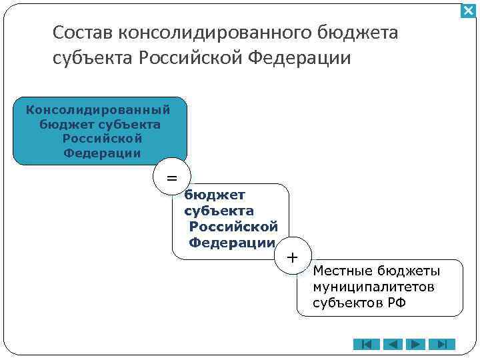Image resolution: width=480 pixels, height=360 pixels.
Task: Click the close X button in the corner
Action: (468, 11)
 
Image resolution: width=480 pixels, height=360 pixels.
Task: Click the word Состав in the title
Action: (82, 33)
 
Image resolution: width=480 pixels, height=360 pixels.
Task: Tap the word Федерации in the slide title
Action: (299, 58)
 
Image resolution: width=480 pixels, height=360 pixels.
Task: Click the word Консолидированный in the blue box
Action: (98, 109)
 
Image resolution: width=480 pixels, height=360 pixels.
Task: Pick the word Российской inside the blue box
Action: (102, 139)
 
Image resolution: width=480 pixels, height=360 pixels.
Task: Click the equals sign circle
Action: (172, 178)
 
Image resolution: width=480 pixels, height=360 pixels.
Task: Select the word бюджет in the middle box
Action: (215, 195)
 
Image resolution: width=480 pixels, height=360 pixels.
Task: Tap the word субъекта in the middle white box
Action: (219, 211)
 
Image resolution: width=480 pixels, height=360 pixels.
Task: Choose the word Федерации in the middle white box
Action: (232, 243)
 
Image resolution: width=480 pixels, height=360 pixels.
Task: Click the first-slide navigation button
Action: (367, 345)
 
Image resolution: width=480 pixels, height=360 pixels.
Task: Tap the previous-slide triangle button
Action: (392, 345)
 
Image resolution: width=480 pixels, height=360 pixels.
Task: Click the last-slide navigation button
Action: (442, 345)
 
